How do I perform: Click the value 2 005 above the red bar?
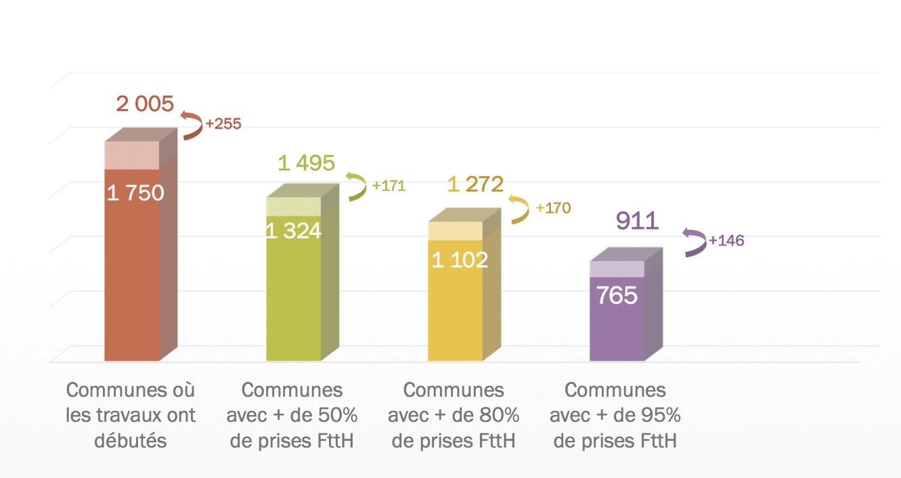click(x=145, y=104)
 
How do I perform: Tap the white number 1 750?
click(x=135, y=193)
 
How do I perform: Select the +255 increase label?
click(x=223, y=125)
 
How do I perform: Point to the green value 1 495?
click(x=306, y=163)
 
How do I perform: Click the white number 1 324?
click(x=293, y=231)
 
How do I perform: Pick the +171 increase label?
click(x=389, y=186)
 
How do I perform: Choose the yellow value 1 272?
click(x=475, y=184)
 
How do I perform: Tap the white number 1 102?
click(x=460, y=259)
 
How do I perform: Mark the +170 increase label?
click(x=553, y=208)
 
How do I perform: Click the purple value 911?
click(x=637, y=221)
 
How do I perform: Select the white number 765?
click(x=617, y=295)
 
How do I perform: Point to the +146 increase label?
click(x=726, y=240)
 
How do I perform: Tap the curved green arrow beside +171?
click(x=355, y=186)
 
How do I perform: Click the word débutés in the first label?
click(x=131, y=441)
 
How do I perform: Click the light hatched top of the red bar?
click(x=131, y=156)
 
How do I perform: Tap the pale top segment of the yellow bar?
click(x=455, y=231)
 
